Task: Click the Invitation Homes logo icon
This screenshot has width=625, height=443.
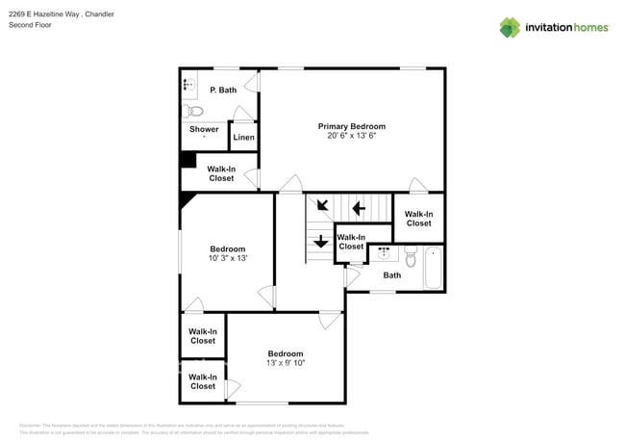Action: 510,27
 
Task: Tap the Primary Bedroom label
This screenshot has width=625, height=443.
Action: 352,126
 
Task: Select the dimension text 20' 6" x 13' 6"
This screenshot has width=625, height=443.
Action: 352,136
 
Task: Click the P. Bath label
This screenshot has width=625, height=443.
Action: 223,90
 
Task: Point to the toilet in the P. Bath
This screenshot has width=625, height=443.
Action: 196,111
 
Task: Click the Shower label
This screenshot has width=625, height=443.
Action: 204,129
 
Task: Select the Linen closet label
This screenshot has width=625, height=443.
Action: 244,138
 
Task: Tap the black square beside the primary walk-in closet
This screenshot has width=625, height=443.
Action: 188,161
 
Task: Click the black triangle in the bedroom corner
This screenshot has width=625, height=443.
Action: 187,199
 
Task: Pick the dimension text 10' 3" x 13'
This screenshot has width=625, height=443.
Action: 228,258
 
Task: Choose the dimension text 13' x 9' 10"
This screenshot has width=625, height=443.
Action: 286,363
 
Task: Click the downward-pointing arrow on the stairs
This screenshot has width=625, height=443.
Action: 320,241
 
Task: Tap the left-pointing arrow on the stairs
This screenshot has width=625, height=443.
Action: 359,207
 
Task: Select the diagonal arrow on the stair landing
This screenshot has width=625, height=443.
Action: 321,205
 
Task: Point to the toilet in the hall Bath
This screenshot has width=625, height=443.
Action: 411,258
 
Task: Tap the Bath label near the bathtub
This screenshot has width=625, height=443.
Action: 392,275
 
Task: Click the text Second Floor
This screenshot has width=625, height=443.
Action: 29,25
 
